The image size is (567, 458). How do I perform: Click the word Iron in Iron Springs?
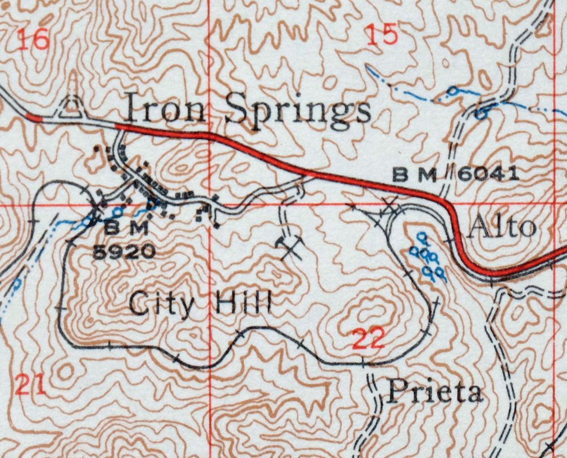(165, 107)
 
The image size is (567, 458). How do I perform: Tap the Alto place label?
(502, 227)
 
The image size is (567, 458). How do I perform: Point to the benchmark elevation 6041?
(488, 174)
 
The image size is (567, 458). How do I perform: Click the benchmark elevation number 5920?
(124, 252)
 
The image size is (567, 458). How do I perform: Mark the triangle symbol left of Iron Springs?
(71, 108)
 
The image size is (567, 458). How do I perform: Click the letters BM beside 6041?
(415, 175)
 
